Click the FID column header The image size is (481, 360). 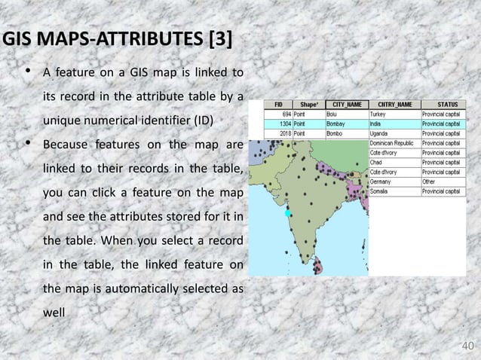point(278,105)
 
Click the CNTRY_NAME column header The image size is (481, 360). point(394,105)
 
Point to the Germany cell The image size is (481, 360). point(381,181)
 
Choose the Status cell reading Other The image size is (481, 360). point(430,181)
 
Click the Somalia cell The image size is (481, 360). point(381,191)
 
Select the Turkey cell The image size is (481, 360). point(378,114)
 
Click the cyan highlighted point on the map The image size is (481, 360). point(287,214)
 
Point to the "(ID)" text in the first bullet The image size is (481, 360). point(201,120)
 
